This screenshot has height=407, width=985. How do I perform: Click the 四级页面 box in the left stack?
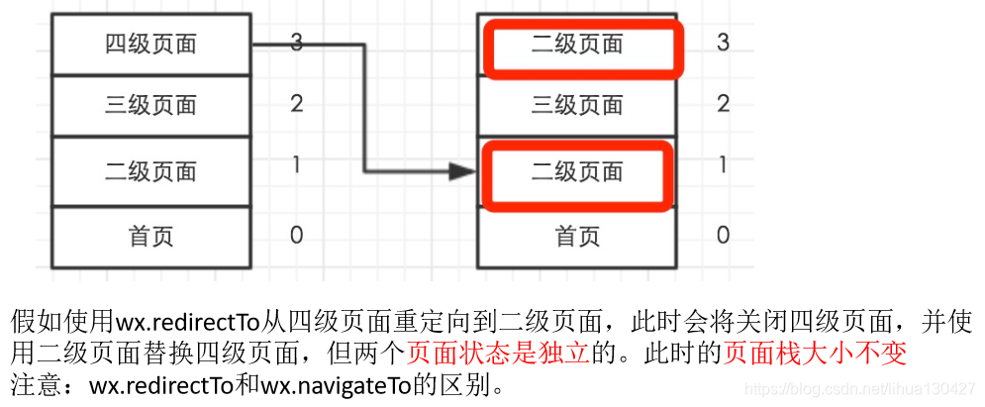coord(150,44)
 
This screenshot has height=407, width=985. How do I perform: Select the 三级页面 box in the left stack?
coord(150,105)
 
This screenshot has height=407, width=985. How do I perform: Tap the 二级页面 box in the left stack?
coord(150,171)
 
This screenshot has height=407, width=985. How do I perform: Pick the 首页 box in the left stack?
coord(150,237)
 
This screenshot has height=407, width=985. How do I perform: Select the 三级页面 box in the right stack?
coord(577,105)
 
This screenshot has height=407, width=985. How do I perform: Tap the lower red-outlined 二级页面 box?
coord(577,171)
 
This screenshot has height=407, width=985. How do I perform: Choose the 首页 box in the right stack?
coord(577,237)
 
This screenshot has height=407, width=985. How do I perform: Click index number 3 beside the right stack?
coord(723,43)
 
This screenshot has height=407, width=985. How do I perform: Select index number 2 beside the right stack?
coord(723,104)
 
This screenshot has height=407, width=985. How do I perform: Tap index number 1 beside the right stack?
coord(723,164)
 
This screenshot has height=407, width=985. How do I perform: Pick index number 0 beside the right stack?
coord(723,235)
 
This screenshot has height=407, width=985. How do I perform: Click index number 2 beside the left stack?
coord(297,104)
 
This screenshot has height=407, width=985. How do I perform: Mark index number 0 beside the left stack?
coord(297,235)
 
